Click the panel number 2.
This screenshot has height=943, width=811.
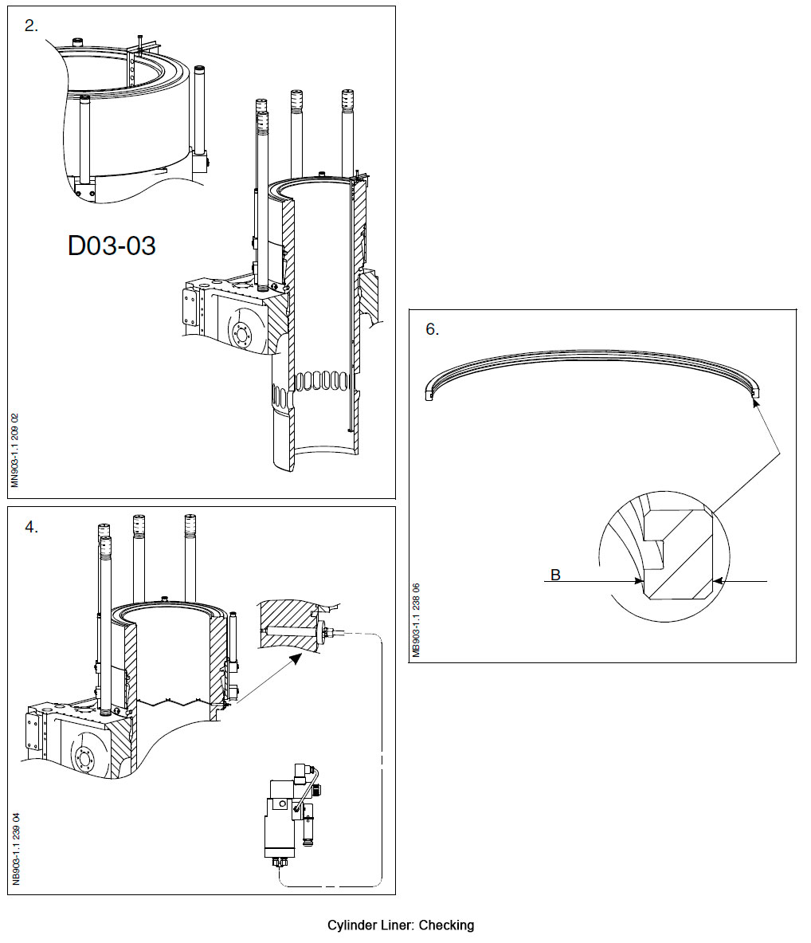click(31, 26)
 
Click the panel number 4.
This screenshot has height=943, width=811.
click(31, 527)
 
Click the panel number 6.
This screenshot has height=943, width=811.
click(432, 329)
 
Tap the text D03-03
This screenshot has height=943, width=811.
click(112, 246)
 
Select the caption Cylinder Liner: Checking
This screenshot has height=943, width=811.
click(400, 925)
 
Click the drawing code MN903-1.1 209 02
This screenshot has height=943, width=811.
click(15, 450)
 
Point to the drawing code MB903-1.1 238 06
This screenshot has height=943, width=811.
click(416, 621)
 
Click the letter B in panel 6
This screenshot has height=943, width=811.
click(555, 574)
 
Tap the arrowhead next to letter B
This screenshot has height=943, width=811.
click(639, 582)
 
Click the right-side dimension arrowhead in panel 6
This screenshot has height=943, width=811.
click(716, 582)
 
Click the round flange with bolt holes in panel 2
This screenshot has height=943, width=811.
click(242, 332)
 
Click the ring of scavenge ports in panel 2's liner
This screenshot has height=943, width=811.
click(319, 381)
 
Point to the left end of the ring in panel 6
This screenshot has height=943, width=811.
click(429, 391)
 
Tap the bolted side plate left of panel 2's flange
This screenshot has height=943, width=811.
click(192, 306)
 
